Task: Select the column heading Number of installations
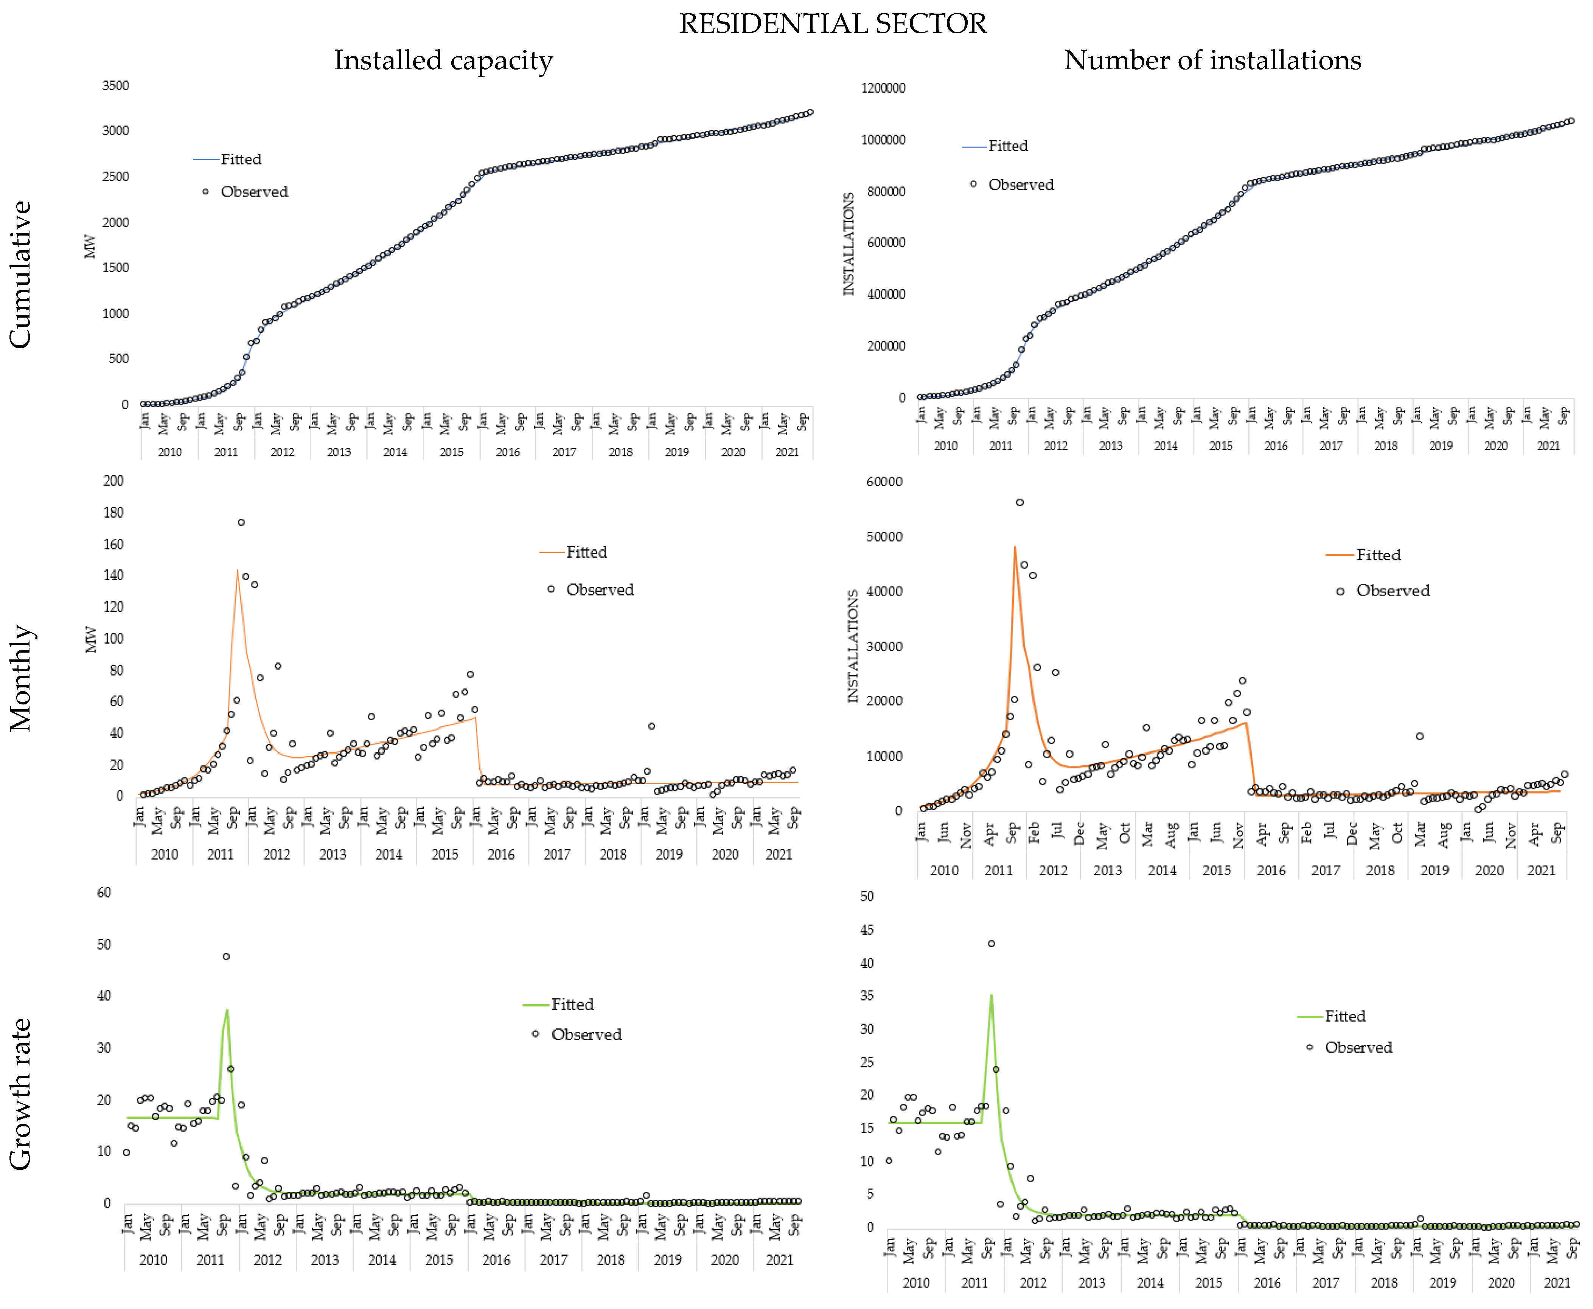pos(1212,60)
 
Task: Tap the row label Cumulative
pos(20,275)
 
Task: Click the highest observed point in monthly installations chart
pos(1020,502)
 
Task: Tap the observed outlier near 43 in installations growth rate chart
pos(991,943)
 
